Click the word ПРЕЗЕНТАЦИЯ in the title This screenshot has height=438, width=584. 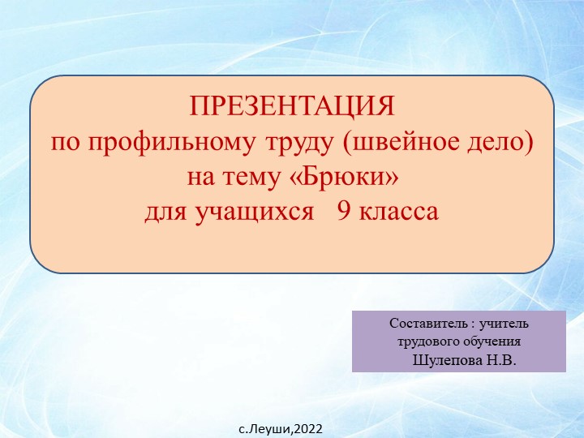292,106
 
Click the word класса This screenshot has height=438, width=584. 398,212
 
